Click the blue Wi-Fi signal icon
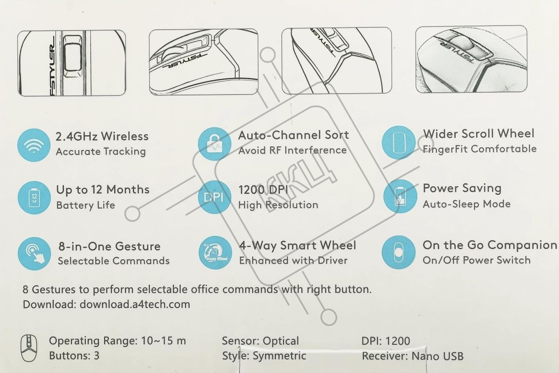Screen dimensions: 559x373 [34, 145]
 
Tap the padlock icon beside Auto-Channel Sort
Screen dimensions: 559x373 [215, 144]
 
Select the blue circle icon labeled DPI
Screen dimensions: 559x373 [215, 197]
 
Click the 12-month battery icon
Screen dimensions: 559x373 [34, 198]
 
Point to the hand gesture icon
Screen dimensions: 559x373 [34, 254]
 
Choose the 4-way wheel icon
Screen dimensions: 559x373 [215, 253]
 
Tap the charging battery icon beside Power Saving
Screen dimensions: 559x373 [400, 196]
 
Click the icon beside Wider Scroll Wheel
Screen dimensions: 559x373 [399, 142]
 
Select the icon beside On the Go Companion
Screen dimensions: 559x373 [399, 252]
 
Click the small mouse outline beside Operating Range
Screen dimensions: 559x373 [29, 348]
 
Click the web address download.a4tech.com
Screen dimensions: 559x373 [135, 304]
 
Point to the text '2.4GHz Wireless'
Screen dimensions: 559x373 [102, 137]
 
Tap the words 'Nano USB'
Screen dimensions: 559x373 [437, 356]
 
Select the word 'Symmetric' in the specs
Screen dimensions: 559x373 [279, 356]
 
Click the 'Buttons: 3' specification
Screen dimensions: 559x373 [74, 355]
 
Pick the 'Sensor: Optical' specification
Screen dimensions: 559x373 [260, 341]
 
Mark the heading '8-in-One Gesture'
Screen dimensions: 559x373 [109, 246]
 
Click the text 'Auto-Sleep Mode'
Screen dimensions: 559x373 [467, 204]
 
